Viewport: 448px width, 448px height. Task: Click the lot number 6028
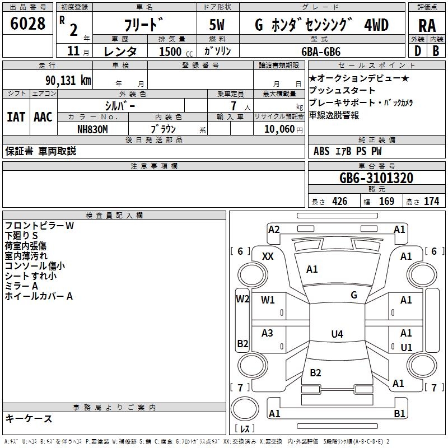[28, 24]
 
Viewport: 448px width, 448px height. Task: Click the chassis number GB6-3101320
[376, 179]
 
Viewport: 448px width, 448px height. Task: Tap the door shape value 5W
[217, 25]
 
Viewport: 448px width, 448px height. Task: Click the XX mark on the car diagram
[268, 256]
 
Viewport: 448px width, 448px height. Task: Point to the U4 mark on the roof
[337, 334]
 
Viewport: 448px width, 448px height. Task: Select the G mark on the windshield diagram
[354, 295]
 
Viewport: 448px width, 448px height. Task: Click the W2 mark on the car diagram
[242, 298]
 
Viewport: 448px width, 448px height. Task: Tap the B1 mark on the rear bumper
[399, 414]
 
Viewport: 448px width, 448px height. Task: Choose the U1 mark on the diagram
[407, 347]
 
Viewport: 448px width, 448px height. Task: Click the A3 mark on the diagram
[268, 333]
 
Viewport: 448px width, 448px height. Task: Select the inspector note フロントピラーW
[40, 226]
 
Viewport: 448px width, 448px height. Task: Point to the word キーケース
[29, 418]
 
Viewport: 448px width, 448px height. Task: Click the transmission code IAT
[16, 116]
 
